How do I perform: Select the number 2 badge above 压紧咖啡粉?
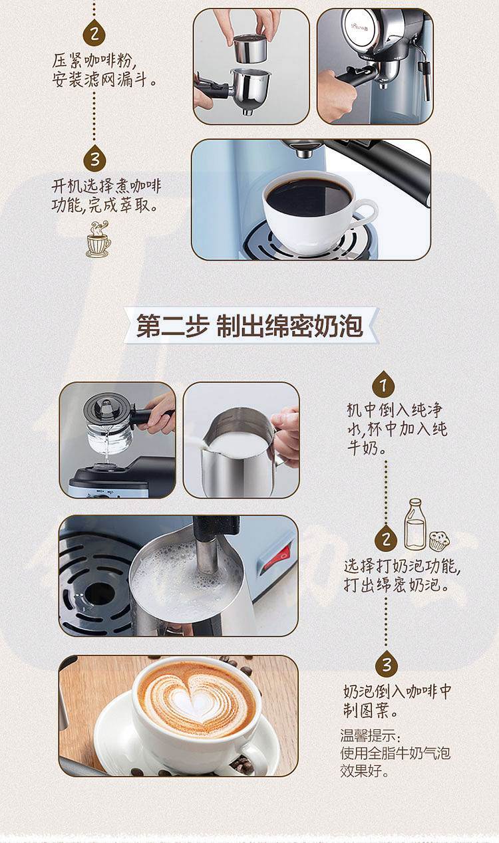[94, 33]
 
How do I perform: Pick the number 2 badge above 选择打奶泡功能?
[386, 539]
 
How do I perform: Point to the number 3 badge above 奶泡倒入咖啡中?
[387, 664]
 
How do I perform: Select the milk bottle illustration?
[415, 524]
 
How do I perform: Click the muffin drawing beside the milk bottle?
[439, 541]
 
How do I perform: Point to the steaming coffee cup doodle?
[98, 240]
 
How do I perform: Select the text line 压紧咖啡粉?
[92, 61]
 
